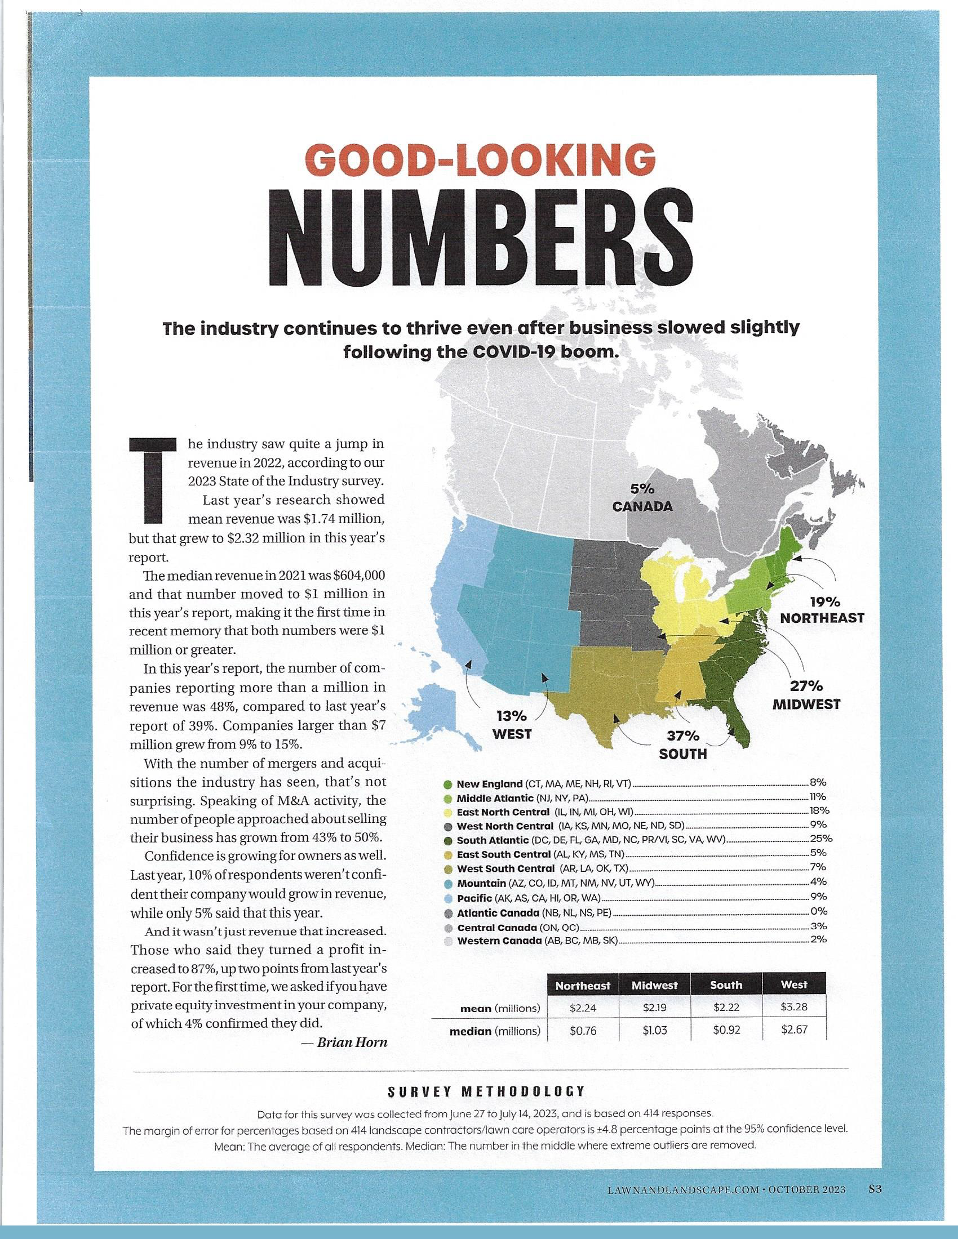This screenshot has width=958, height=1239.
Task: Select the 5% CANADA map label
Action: point(642,498)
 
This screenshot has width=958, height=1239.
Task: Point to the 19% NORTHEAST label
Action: point(822,610)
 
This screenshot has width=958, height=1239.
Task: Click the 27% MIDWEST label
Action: point(806,696)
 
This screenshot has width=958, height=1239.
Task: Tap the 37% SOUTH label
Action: point(683,745)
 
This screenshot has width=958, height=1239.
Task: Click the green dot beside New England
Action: point(447,785)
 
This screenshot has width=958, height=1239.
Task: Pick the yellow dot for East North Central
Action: point(447,812)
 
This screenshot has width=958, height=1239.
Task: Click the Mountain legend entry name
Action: point(481,883)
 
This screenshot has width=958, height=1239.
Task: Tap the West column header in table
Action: point(793,985)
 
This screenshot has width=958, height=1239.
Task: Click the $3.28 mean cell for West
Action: point(793,1008)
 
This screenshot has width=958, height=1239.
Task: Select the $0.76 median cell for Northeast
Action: point(582,1031)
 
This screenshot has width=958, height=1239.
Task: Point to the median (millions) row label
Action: point(494,1031)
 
